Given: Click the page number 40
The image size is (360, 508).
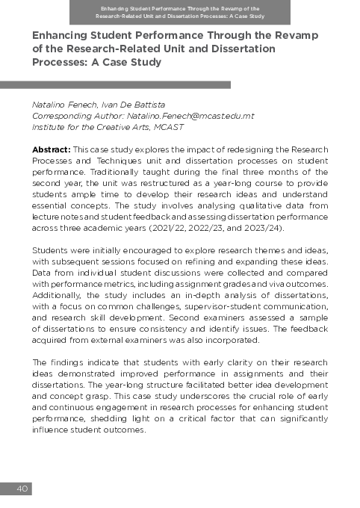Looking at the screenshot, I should [22, 489].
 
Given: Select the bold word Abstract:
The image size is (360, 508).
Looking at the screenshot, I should [51, 149].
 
